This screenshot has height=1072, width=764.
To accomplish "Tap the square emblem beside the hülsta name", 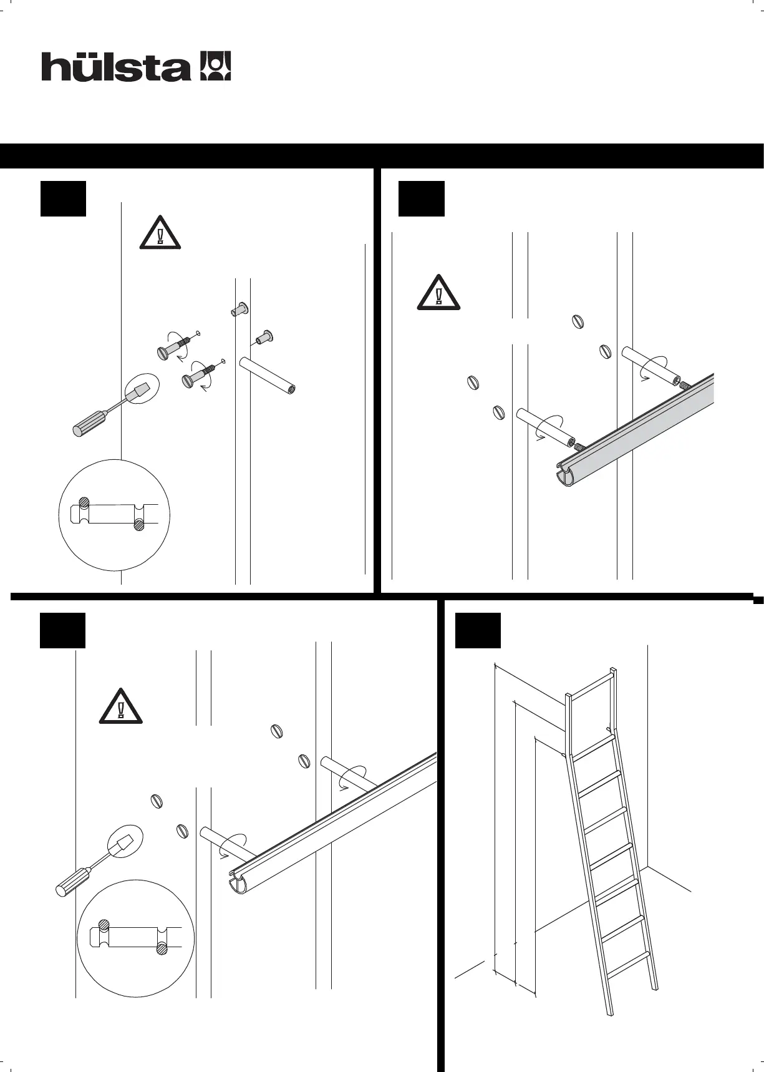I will [215, 66].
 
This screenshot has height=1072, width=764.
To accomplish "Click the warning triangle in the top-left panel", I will [160, 235].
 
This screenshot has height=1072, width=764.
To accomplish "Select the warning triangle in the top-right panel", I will [438, 293].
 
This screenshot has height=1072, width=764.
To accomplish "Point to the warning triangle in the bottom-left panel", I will [120, 708].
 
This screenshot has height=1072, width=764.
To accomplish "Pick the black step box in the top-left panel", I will [63, 198].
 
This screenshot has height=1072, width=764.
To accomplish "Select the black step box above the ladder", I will [478, 630].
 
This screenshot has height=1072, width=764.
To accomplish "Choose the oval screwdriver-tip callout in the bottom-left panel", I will [124, 845].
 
